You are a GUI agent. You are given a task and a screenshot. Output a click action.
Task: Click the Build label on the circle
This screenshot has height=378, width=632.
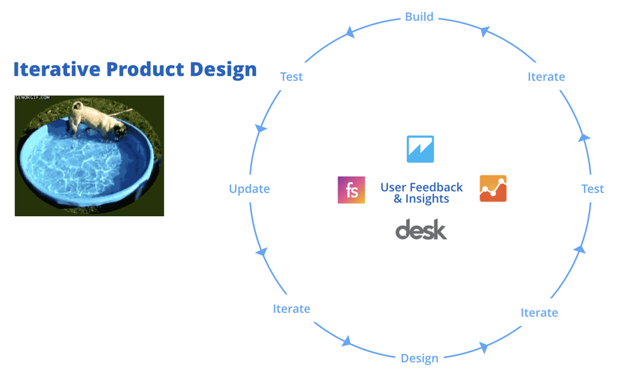coord(419,16)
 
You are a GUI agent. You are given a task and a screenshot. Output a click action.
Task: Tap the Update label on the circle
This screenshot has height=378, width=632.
coord(249,188)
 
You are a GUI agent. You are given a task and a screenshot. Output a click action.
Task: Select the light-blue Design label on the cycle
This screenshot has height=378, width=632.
coord(419,358)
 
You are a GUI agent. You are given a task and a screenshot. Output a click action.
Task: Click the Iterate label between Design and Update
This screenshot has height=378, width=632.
coord(291,308)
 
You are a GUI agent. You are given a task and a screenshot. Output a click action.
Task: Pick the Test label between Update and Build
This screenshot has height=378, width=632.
coord(291,76)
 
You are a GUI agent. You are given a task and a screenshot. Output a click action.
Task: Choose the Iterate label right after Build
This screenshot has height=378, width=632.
coord(546,76)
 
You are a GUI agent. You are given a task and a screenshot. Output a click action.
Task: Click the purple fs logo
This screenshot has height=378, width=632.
coord(351,190)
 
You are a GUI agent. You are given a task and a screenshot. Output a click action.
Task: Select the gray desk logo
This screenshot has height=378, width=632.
coord(421,229)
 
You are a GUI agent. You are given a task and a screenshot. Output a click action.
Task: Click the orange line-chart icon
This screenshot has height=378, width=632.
coord(493,188)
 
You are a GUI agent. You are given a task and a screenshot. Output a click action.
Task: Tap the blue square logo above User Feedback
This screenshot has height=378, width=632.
coord(420,149)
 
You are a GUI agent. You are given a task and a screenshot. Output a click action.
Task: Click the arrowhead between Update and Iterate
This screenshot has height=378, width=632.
coord(260,252)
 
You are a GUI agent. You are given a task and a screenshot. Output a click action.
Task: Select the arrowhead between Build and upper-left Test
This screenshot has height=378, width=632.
coord(348,32)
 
